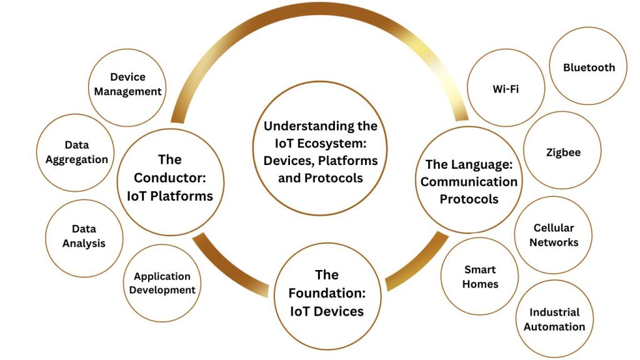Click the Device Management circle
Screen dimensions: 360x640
[x=127, y=84]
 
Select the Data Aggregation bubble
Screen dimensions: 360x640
[x=76, y=152]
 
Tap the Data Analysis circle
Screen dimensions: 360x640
[x=84, y=236]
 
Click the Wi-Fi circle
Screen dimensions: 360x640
[x=506, y=88]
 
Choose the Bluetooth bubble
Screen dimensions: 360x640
[x=589, y=67]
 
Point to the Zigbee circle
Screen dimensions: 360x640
[x=562, y=152]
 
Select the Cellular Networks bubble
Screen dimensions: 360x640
[x=554, y=235]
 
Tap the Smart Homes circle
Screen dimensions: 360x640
[x=480, y=276]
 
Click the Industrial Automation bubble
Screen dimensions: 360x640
[x=554, y=319]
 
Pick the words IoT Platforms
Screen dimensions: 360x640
[x=170, y=196]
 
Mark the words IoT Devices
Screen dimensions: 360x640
[x=326, y=310]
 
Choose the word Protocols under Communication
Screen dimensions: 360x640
[x=469, y=199]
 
